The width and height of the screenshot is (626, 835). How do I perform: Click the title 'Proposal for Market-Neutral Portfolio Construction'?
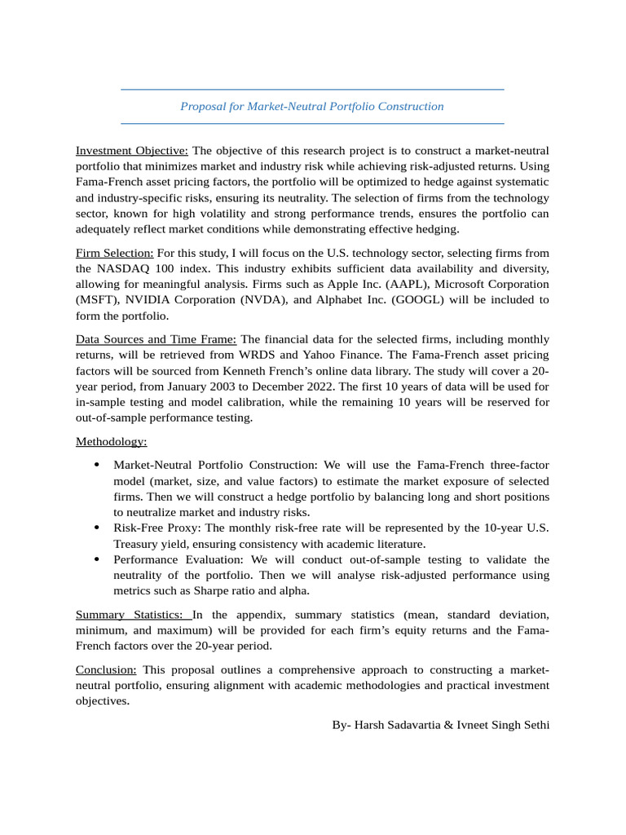(312, 107)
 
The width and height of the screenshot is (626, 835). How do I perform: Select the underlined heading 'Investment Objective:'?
(132, 151)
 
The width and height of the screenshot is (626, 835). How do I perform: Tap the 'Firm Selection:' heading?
(115, 254)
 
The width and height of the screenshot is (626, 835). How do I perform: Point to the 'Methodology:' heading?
(112, 441)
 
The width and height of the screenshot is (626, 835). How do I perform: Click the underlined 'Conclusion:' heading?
(107, 669)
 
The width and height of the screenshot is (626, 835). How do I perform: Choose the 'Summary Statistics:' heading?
(133, 614)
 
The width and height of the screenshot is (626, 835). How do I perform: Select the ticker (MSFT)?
(98, 300)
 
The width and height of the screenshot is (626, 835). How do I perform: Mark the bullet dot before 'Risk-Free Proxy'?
(97, 528)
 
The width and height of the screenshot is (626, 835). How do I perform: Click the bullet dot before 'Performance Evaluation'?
(97, 559)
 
